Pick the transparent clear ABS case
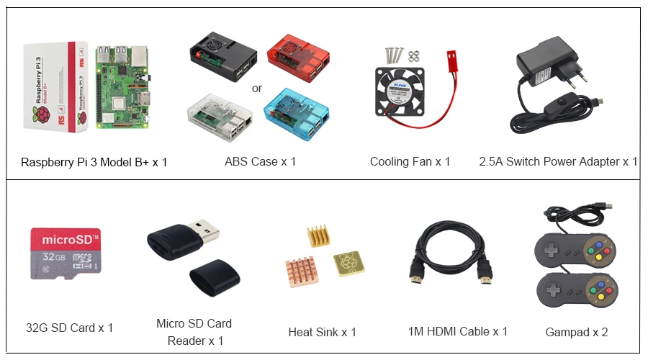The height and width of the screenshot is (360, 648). pos(219,114)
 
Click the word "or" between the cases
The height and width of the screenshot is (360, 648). pos(257,89)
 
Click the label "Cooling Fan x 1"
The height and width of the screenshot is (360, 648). pos(410,161)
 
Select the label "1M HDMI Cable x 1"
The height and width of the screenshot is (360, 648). pos(457,331)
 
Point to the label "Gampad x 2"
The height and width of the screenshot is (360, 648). pos(577,332)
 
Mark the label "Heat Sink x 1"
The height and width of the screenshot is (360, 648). pos(322,332)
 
